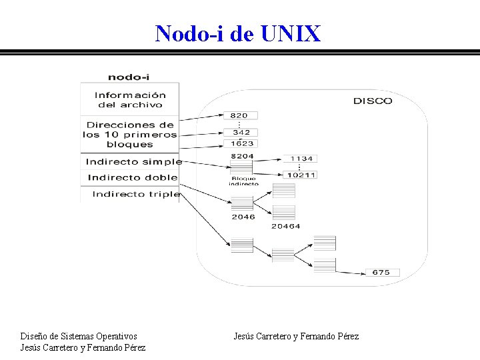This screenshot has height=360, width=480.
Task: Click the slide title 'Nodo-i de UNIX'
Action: tap(238, 33)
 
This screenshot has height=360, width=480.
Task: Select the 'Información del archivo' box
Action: tap(129, 100)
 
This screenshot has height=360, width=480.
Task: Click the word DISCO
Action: tap(372, 101)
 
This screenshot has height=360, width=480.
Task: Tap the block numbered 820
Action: tap(240, 115)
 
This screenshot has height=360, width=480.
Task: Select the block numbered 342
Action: tap(241, 133)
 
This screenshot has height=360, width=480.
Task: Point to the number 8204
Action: tap(242, 155)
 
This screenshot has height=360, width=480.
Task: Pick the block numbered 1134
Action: tap(301, 159)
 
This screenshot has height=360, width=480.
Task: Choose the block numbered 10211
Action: tap(301, 175)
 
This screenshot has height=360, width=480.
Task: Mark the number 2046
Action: tap(243, 217)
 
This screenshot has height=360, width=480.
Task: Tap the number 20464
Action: tap(285, 227)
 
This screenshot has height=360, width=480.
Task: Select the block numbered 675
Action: tap(381, 273)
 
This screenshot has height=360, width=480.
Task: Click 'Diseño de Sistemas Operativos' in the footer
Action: tap(79, 337)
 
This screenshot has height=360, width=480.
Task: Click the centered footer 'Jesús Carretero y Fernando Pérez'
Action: tap(296, 337)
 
